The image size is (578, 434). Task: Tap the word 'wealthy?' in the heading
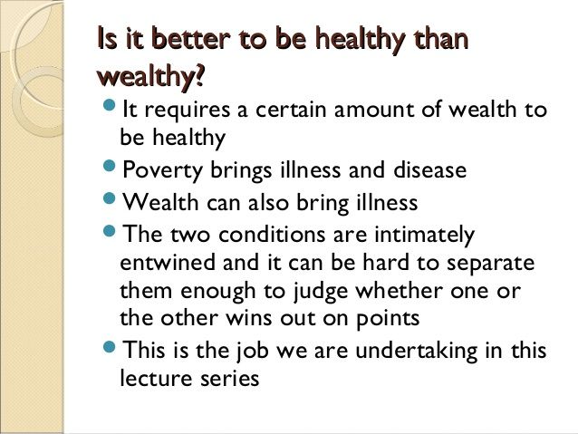(149, 80)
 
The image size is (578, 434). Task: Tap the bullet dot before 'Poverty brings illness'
(110, 168)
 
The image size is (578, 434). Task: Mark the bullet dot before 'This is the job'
(110, 347)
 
